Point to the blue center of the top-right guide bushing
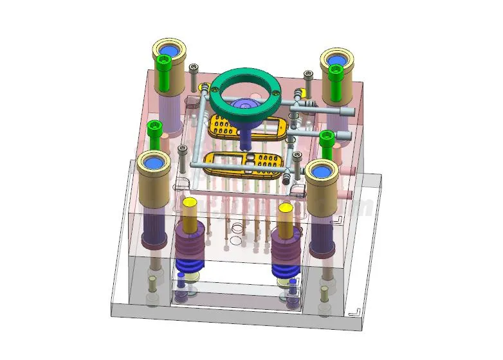pyautogui.click(x=335, y=59)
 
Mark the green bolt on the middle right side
pyautogui.click(x=327, y=140)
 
